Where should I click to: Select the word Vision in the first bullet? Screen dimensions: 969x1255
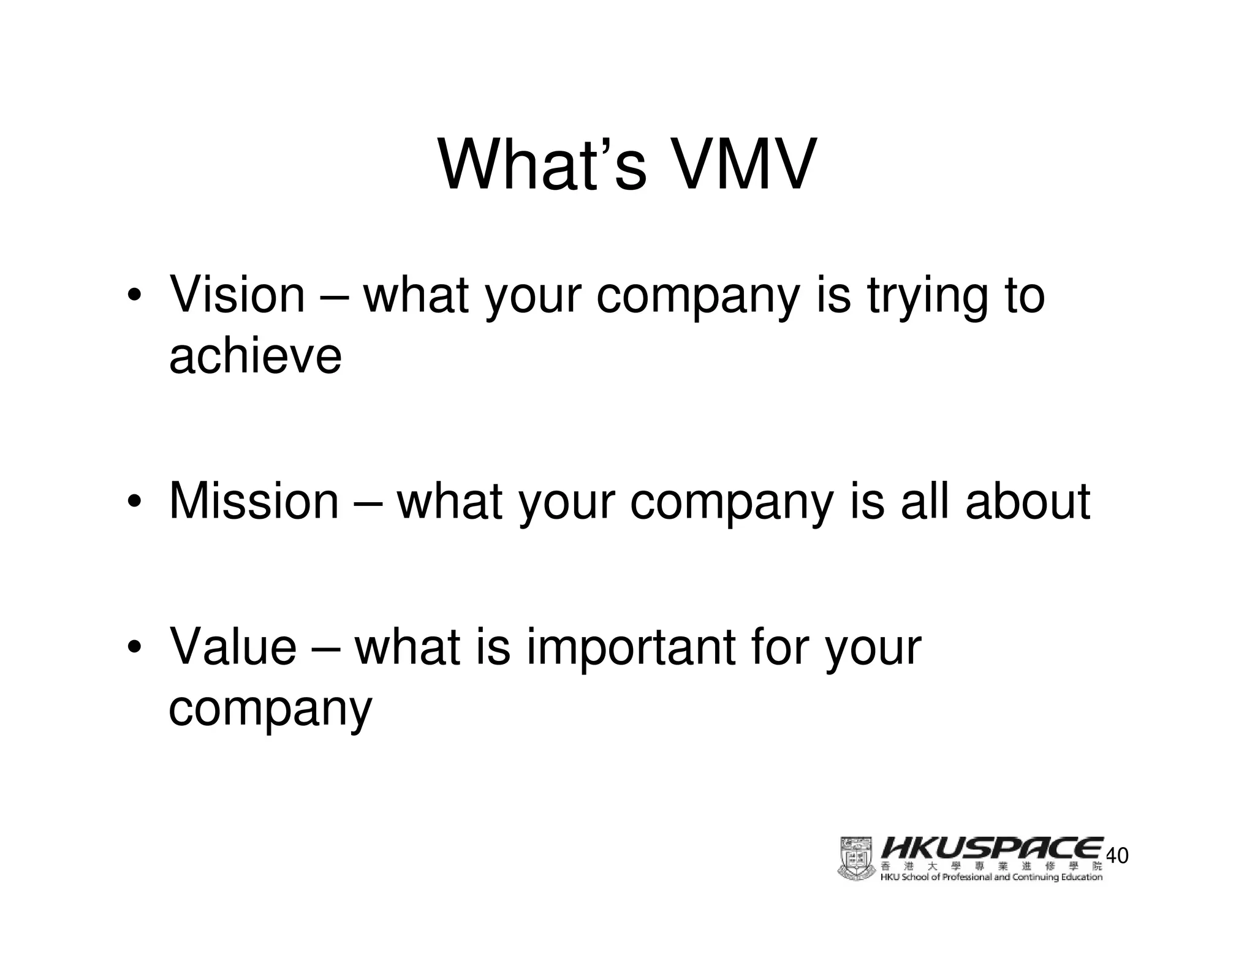tap(237, 295)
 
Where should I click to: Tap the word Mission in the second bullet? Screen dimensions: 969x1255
tap(254, 501)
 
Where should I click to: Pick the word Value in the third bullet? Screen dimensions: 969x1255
tap(233, 647)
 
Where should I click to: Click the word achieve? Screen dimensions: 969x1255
tap(255, 356)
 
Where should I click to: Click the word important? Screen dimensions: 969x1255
tap(631, 648)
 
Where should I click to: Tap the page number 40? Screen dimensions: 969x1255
tap(1118, 856)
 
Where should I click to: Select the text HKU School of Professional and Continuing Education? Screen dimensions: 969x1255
tap(991, 877)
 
